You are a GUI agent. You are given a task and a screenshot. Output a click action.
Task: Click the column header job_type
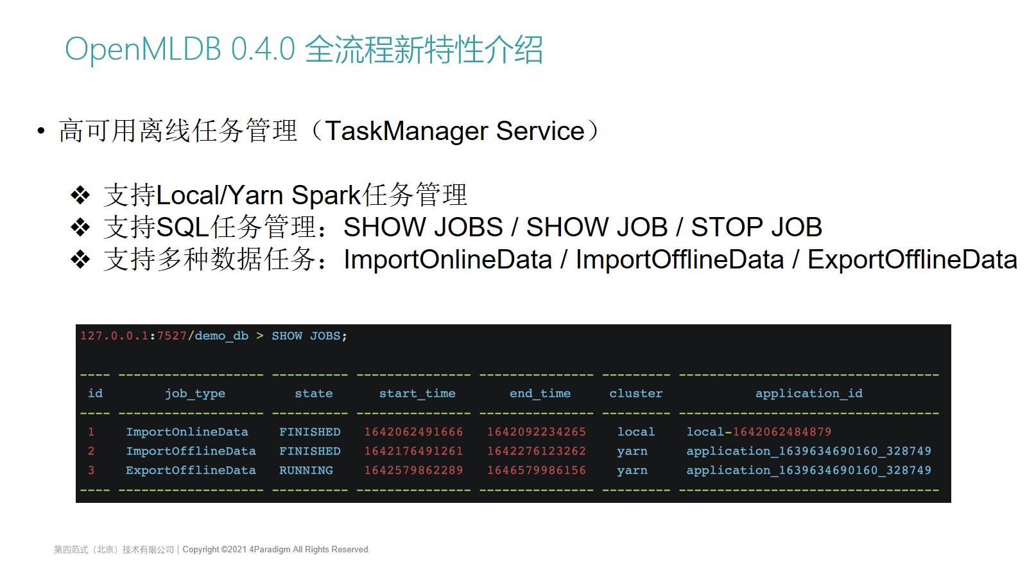click(x=194, y=393)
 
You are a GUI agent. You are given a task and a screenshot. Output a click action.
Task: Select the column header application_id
click(x=809, y=393)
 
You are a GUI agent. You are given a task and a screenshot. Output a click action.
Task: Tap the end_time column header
click(x=540, y=393)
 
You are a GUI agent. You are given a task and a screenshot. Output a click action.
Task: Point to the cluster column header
click(x=635, y=393)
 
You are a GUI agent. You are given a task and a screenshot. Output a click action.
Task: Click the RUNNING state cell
click(x=306, y=470)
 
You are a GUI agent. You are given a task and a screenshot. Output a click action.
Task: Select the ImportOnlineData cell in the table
click(x=187, y=432)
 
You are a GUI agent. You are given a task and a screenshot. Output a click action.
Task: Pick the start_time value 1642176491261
click(x=413, y=451)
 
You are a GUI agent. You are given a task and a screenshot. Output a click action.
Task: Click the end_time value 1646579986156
click(x=536, y=470)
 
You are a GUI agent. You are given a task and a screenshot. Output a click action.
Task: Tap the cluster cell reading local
click(x=635, y=432)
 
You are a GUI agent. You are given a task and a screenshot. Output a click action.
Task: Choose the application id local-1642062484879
click(x=759, y=432)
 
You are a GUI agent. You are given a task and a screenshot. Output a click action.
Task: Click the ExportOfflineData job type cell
click(x=191, y=470)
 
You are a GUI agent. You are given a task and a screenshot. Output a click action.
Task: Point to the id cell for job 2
click(x=91, y=451)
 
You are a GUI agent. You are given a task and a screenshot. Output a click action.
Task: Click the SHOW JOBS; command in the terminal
click(x=309, y=336)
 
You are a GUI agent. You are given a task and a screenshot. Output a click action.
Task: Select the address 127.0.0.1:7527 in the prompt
click(x=134, y=336)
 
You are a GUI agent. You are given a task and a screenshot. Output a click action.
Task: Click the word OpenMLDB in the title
click(x=143, y=49)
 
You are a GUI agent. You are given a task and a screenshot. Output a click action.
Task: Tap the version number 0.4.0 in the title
click(x=263, y=49)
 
